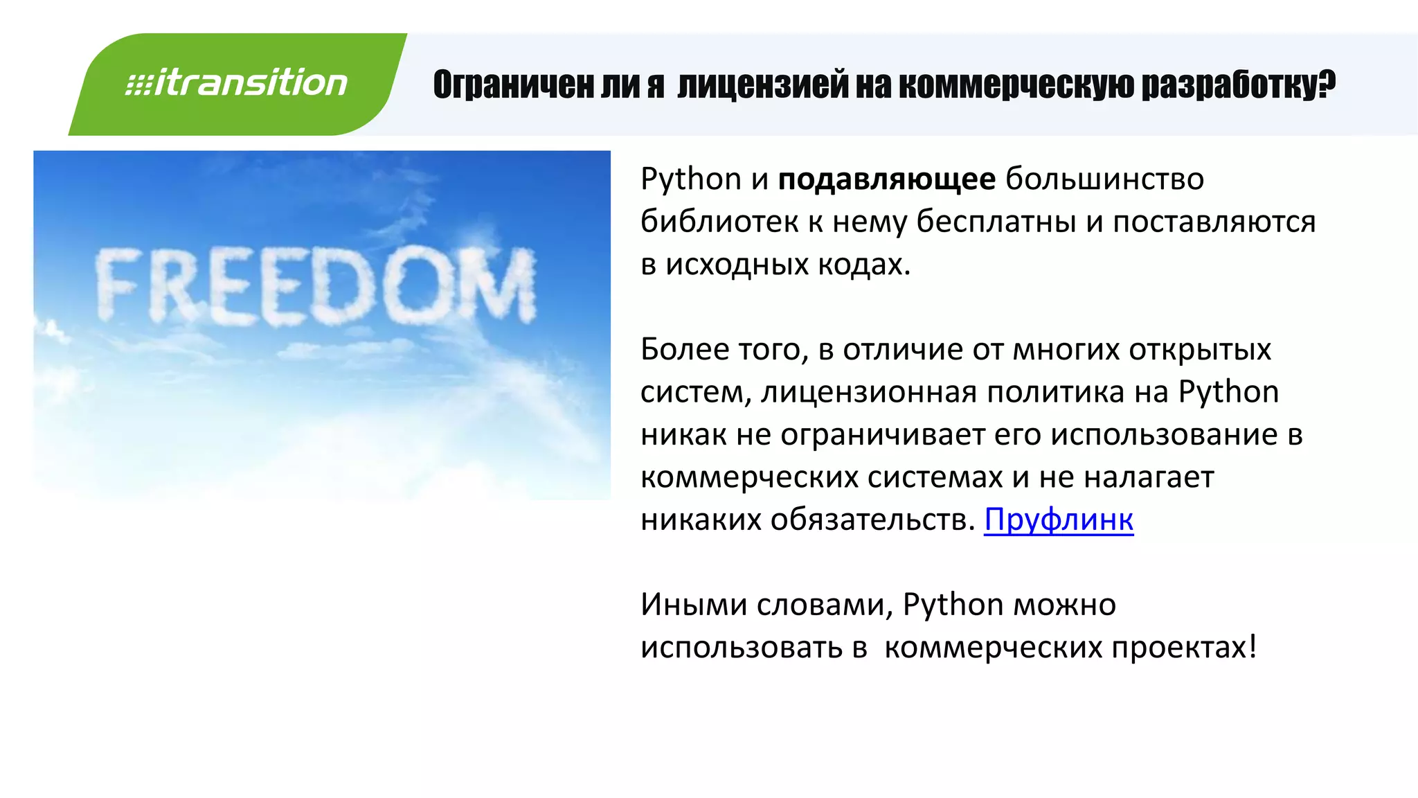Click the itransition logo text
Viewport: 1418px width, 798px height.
[237, 83]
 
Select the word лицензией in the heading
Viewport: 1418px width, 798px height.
[762, 85]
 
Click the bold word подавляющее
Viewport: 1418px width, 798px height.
[887, 179]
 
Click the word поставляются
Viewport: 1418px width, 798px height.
[1214, 222]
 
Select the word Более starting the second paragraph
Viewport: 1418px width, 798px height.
[685, 350]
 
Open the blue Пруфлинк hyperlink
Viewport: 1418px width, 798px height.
[1059, 520]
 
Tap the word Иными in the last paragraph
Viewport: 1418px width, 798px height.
[693, 605]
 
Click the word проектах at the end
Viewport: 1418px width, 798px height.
[1178, 648]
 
